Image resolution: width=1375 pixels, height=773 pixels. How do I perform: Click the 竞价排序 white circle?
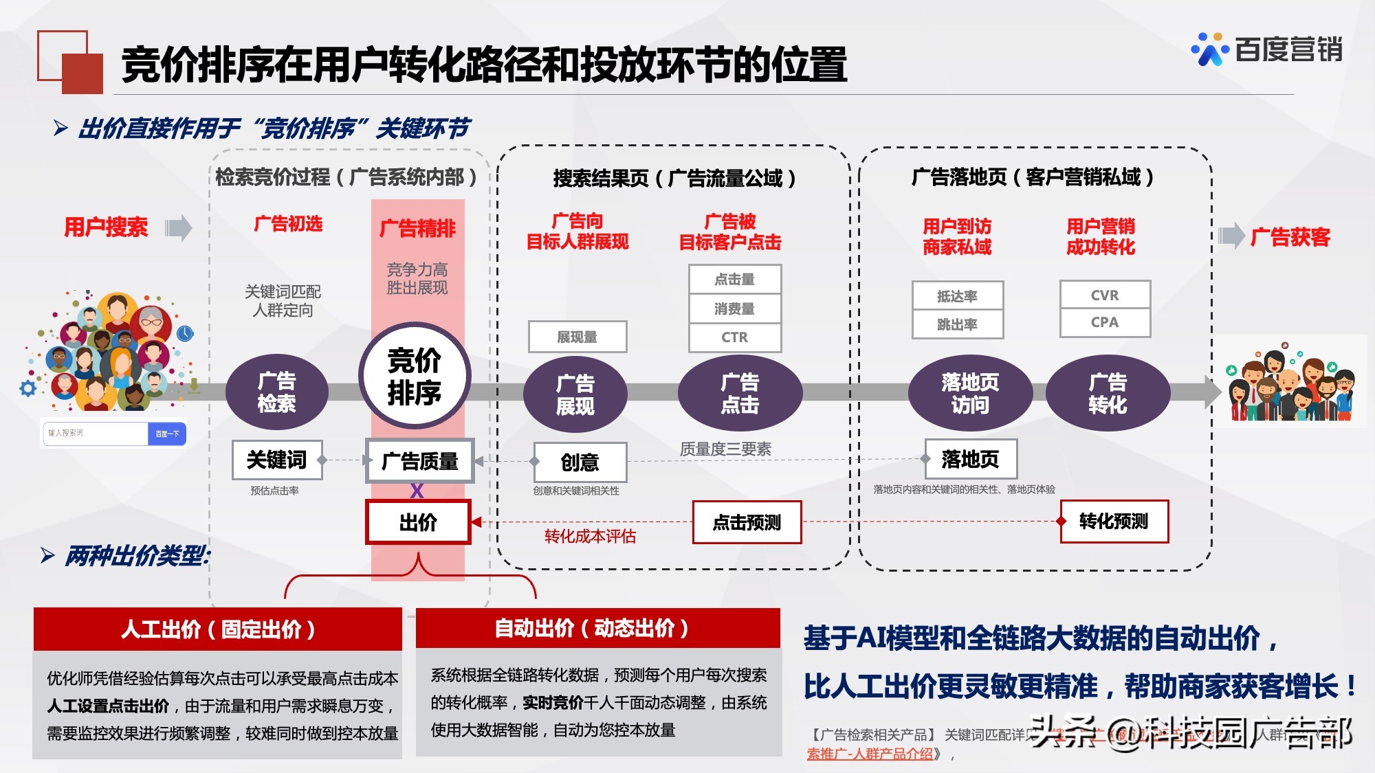415,377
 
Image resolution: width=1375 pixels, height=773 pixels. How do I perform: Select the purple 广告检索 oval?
276,392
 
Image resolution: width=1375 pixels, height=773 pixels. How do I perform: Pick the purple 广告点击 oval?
740,393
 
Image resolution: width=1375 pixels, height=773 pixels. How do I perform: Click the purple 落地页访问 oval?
969,393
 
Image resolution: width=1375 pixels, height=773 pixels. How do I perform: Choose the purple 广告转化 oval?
1108,393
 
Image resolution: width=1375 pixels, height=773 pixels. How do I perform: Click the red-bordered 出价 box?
418,522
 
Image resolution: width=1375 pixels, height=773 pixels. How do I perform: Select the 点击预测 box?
747,522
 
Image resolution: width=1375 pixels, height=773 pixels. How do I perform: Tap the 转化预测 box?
1114,522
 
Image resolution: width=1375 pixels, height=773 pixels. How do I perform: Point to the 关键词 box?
276,460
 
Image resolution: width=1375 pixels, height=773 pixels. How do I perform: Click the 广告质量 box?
419,461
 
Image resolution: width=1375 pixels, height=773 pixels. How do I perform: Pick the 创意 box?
580,462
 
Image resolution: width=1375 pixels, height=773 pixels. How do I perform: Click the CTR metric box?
734,337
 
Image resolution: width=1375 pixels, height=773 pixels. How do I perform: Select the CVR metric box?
1105,295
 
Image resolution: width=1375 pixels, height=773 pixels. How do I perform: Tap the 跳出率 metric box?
957,324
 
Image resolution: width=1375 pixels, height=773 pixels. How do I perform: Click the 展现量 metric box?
577,337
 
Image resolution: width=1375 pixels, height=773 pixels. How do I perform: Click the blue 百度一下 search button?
167,434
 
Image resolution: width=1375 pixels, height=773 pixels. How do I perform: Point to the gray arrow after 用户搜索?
179,227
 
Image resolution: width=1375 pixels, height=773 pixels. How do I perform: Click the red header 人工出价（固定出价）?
217,629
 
